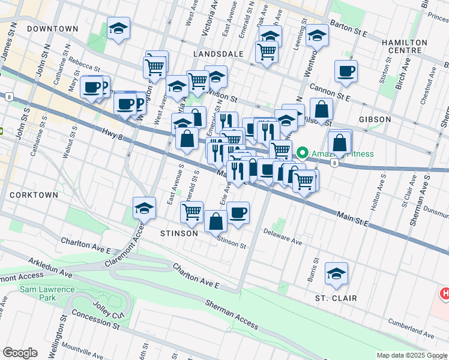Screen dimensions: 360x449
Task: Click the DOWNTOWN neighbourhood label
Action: coord(52,29)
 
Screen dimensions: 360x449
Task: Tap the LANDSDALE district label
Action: coord(218,54)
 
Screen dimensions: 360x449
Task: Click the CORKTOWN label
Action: coord(34,195)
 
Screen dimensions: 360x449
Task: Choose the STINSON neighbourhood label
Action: coord(179,233)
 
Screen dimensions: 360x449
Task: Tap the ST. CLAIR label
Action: coord(336,298)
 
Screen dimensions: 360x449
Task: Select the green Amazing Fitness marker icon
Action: coord(303,154)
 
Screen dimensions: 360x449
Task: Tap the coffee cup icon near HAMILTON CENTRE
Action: coord(346,71)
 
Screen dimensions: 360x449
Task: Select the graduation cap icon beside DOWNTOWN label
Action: coord(119,28)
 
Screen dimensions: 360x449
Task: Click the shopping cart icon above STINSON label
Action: coord(191,211)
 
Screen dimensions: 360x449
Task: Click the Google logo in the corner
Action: coord(20,353)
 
